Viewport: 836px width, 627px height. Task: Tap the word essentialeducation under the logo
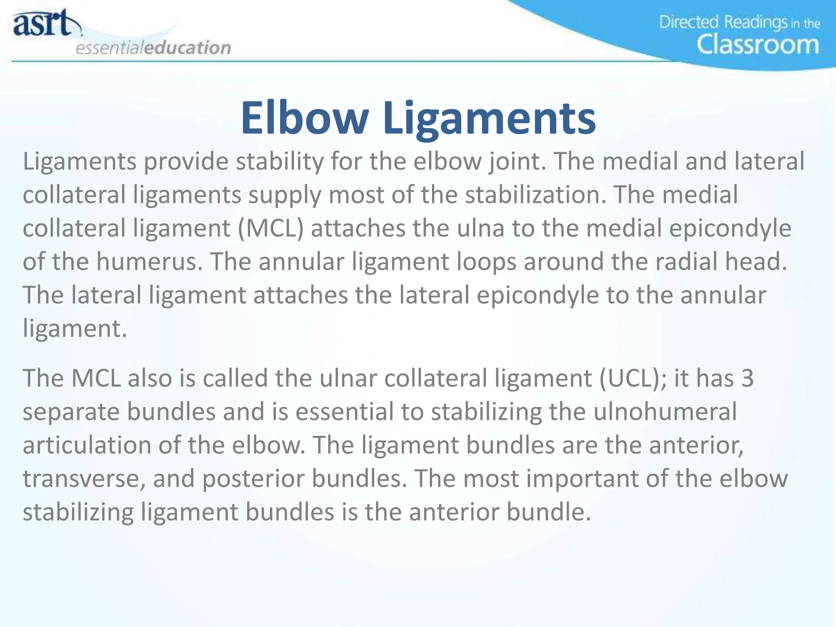(x=153, y=48)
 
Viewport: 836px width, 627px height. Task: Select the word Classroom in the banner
(x=758, y=45)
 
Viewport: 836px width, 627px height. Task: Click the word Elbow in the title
(x=304, y=118)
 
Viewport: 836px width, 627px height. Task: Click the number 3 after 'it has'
(x=747, y=378)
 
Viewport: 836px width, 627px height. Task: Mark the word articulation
(x=87, y=445)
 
